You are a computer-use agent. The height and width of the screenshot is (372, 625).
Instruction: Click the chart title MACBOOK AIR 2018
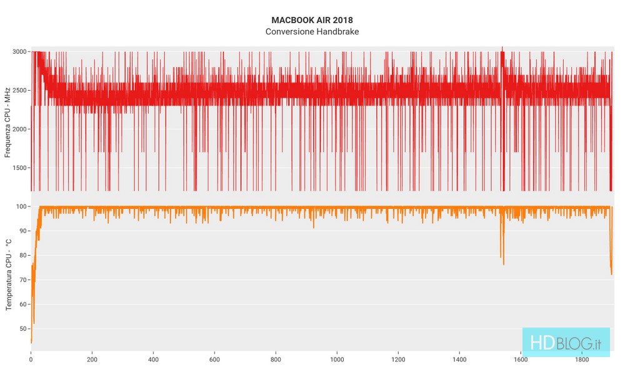312,20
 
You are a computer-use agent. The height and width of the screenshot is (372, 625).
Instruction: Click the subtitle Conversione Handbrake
312,31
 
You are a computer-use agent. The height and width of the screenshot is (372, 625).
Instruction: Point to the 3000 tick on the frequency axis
21,52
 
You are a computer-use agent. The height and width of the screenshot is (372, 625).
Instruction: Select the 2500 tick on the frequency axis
21,91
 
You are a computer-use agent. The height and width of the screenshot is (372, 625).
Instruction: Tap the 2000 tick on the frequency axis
21,129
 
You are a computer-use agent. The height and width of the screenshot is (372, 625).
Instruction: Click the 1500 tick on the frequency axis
21,168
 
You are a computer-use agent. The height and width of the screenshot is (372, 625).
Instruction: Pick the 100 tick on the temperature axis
22,206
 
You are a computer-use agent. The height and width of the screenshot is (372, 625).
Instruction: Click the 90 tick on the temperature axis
24,231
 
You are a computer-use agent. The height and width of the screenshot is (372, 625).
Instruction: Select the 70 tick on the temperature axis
24,279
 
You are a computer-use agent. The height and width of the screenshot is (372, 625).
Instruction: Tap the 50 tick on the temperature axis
24,328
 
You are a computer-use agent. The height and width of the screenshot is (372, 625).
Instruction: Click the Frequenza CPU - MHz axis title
7,121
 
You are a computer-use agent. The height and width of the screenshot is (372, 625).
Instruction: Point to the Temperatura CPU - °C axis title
7,275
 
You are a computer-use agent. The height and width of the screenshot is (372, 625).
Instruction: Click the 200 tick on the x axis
92,359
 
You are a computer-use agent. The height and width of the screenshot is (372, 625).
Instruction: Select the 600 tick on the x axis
214,359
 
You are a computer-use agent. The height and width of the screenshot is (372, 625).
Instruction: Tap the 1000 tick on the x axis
337,359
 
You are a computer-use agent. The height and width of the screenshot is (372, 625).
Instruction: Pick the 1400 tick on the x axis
459,359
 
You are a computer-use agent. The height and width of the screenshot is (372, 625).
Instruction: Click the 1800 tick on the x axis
582,359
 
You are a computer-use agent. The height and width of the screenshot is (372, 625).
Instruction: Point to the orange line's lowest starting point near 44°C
31,343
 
